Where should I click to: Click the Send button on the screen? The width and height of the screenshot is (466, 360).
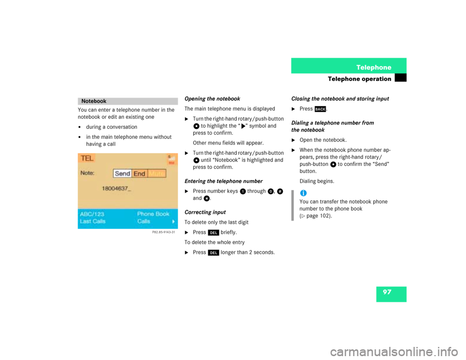[x=122, y=174]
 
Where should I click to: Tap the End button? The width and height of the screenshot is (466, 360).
[x=139, y=174]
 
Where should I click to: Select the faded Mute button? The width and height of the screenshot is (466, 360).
[x=157, y=174]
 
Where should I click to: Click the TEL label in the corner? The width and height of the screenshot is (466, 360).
[x=87, y=158]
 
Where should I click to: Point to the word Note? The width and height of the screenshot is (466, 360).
[x=87, y=173]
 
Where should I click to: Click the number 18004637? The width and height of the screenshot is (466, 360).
[x=115, y=188]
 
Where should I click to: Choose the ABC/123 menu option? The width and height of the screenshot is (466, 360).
[x=92, y=214]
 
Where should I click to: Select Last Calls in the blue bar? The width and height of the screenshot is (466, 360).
[x=93, y=221]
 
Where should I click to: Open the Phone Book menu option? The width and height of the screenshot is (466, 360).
[x=153, y=214]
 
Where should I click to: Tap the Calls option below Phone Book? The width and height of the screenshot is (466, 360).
[x=144, y=221]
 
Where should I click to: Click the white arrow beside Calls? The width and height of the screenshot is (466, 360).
[x=173, y=221]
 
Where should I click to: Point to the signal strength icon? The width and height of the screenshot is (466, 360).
[x=171, y=158]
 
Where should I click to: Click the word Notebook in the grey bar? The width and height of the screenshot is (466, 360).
[x=94, y=101]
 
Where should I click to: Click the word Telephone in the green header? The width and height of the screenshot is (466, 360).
[x=373, y=67]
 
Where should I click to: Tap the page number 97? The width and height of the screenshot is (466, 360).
[x=386, y=292]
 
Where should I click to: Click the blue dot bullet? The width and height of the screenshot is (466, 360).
[x=303, y=193]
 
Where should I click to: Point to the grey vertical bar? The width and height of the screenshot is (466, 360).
[x=293, y=205]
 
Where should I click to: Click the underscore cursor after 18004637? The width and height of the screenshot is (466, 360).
[x=129, y=189]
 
